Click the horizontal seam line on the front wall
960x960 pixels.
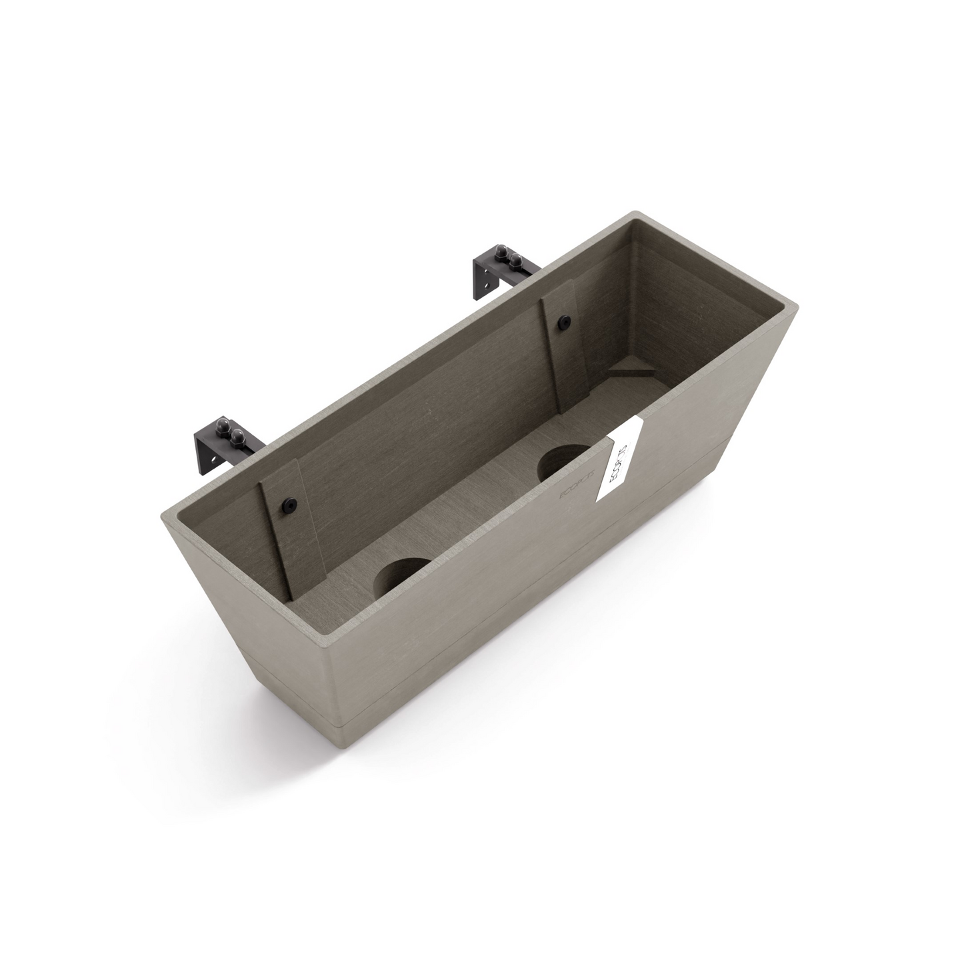tap(533, 573)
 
